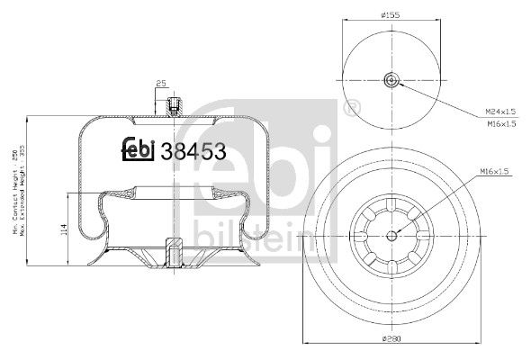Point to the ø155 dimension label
coord(390,16)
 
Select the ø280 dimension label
coord(391,337)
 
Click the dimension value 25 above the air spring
coord(161,85)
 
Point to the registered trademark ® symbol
coord(354,109)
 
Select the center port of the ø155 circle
coord(392,82)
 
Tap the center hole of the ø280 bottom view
coord(392,237)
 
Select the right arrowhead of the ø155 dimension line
coord(440,23)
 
